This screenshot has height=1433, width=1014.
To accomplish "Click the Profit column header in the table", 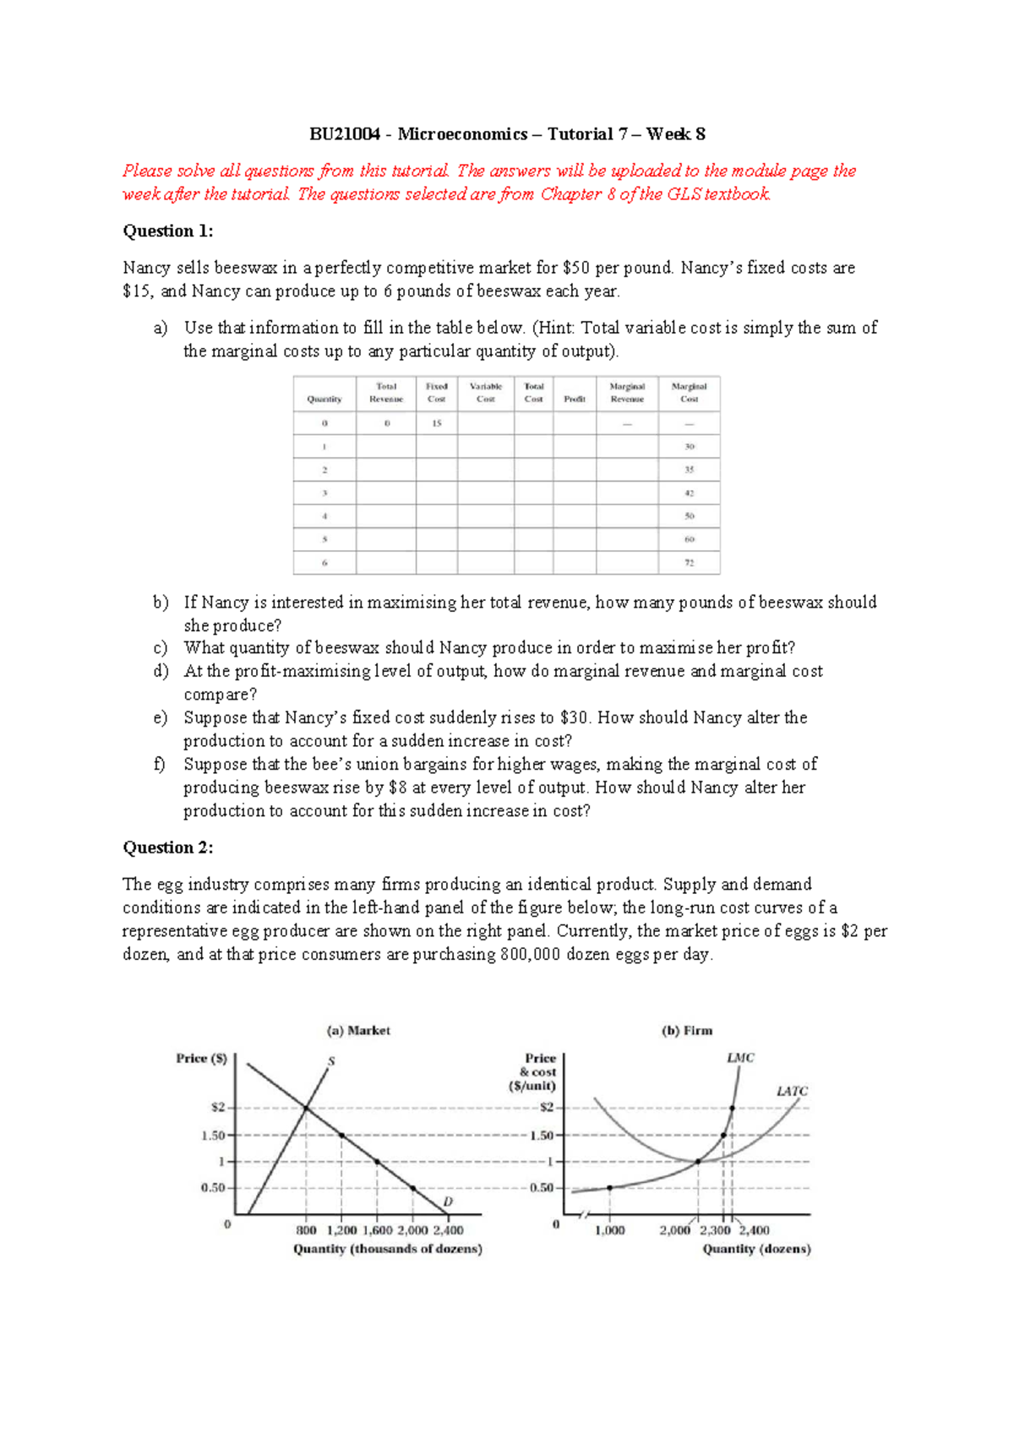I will coord(575,399).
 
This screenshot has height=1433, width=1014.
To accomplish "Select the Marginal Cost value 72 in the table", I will coord(689,563).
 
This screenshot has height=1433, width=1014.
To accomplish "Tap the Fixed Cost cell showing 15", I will coord(437,423).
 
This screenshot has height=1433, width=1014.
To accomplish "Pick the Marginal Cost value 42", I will coord(689,493).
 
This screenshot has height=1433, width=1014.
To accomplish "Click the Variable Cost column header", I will coord(486,393).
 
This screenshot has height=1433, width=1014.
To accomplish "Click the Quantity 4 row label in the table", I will coord(324,516).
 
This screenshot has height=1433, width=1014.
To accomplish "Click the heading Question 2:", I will coord(168,847).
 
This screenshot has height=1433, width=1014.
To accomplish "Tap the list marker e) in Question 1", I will coord(160,717).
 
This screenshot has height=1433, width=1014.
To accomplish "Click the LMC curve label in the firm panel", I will coord(740,1057).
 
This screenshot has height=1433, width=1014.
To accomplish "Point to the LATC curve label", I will coord(792,1091).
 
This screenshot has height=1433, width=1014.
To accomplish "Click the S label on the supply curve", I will coord(331,1060).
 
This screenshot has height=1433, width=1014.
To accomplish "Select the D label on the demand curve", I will coord(448,1201).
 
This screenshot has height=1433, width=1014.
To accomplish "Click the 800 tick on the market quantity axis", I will coord(306,1230).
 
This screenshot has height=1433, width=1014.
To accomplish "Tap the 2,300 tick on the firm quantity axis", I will coord(715,1230).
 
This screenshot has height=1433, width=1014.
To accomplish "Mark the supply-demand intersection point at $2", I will coord(306,1108).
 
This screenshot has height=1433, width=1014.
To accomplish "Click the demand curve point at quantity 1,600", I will coord(377,1162).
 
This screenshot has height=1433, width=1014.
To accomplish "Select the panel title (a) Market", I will coord(358,1031).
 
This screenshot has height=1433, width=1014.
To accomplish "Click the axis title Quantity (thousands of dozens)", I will coord(388,1249).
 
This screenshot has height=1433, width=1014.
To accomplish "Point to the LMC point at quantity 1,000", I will coord(610,1187).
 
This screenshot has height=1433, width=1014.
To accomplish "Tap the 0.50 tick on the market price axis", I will coord(213,1187).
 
